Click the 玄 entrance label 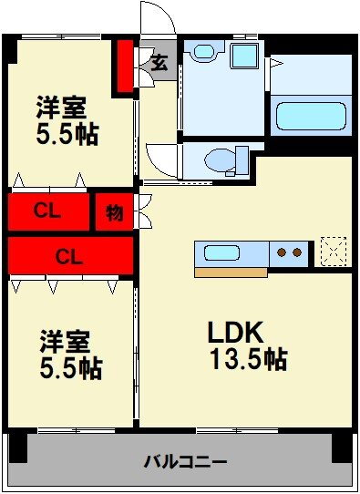tap(159, 62)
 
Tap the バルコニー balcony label tap(185, 462)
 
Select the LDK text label tap(235, 333)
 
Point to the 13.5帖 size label tap(249, 359)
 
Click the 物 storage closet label tap(114, 212)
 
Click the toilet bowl tap(220, 160)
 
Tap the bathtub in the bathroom tap(311, 116)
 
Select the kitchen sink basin tap(221, 253)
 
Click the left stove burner tap(282, 252)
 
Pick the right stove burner tap(297, 252)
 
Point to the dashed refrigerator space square tap(334, 252)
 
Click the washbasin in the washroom tap(204, 51)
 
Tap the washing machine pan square tap(244, 56)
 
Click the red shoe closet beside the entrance tap(126, 67)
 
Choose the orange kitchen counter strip tap(231, 273)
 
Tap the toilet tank tap(242, 160)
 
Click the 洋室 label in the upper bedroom tap(62, 107)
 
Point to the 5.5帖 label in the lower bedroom tap(71, 368)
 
